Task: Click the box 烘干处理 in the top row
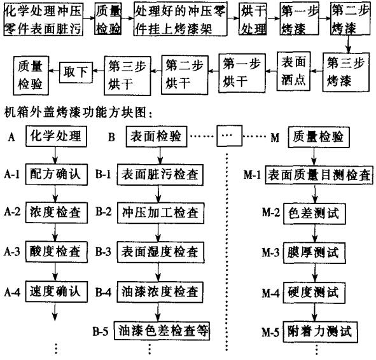point(253,18)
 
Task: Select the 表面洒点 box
point(293,71)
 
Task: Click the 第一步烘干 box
point(242,73)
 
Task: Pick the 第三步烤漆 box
point(345,72)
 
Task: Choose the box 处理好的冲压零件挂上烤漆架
point(180,19)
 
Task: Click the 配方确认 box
point(57,174)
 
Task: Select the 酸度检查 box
point(57,252)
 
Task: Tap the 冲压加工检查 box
point(160,213)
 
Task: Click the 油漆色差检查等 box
point(162,331)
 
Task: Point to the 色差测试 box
point(314,214)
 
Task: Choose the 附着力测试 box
point(320,332)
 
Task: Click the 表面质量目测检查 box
point(319,175)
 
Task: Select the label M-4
point(270,293)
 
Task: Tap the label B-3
point(103,252)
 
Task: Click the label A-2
point(12,212)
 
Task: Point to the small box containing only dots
point(230,136)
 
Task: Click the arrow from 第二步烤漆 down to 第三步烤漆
point(348,44)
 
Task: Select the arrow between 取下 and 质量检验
point(54,71)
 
